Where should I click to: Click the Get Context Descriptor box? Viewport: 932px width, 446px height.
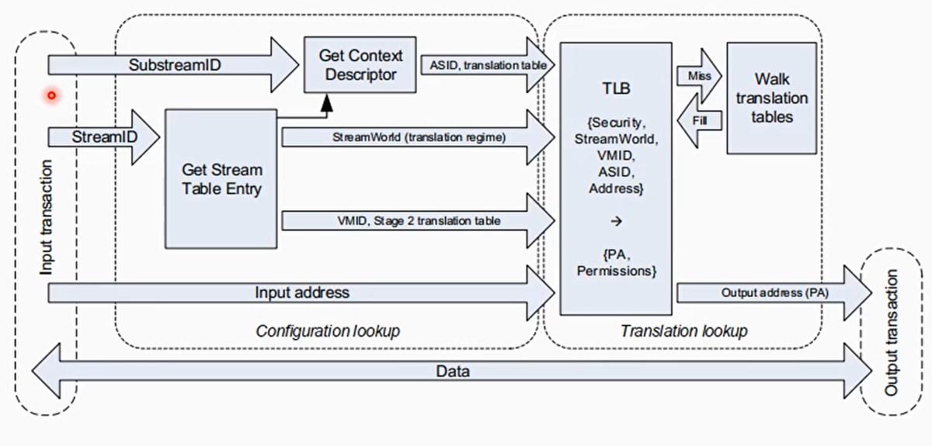pos(361,65)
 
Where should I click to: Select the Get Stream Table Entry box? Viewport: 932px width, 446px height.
pos(222,178)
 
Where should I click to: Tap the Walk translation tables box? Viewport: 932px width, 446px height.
pos(771,98)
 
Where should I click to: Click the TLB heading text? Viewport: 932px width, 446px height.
pos(615,88)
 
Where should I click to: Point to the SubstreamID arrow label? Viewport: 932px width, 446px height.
pos(175,65)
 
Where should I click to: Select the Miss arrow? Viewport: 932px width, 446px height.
pos(699,76)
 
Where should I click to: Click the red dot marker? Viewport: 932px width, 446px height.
pos(51,95)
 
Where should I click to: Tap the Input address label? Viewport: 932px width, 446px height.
pos(302,292)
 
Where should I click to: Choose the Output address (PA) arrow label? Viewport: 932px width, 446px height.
pos(774,292)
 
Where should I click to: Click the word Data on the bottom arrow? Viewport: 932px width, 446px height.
pos(453,372)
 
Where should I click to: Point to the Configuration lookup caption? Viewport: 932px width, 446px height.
pos(328,331)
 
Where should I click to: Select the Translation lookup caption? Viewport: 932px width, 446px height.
pos(683,331)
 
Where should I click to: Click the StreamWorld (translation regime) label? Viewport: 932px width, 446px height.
pos(408,137)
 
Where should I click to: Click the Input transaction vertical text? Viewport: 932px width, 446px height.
pos(47,217)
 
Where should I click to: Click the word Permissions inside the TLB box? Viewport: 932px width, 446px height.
pos(616,271)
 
